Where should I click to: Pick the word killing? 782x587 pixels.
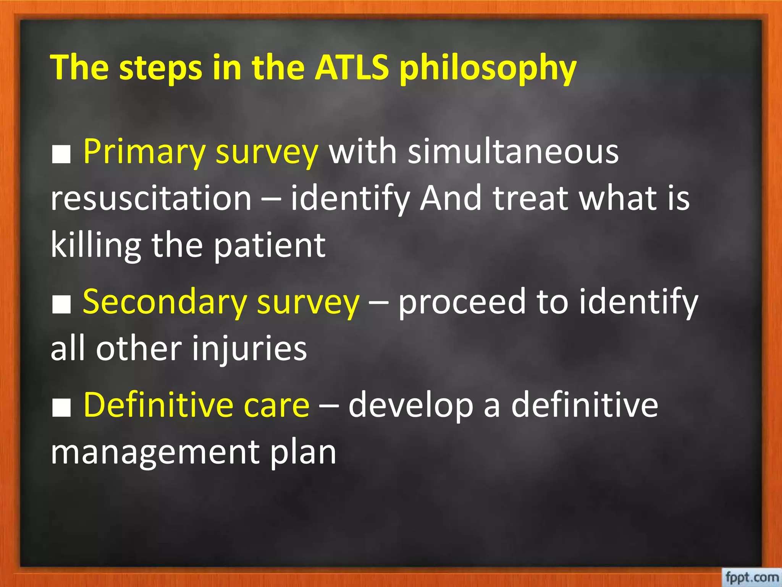pyautogui.click(x=95, y=245)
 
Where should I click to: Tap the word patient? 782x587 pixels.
pyautogui.click(x=270, y=245)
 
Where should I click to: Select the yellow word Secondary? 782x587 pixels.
pyautogui.click(x=164, y=302)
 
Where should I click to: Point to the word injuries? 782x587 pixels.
pyautogui.click(x=249, y=349)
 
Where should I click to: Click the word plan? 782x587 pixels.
pyautogui.click(x=303, y=452)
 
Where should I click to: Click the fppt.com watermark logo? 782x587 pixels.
pyautogui.click(x=751, y=576)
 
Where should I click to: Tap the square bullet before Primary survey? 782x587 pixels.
pyautogui.click(x=61, y=155)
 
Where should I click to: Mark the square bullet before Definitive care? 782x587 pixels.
pyautogui.click(x=61, y=408)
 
